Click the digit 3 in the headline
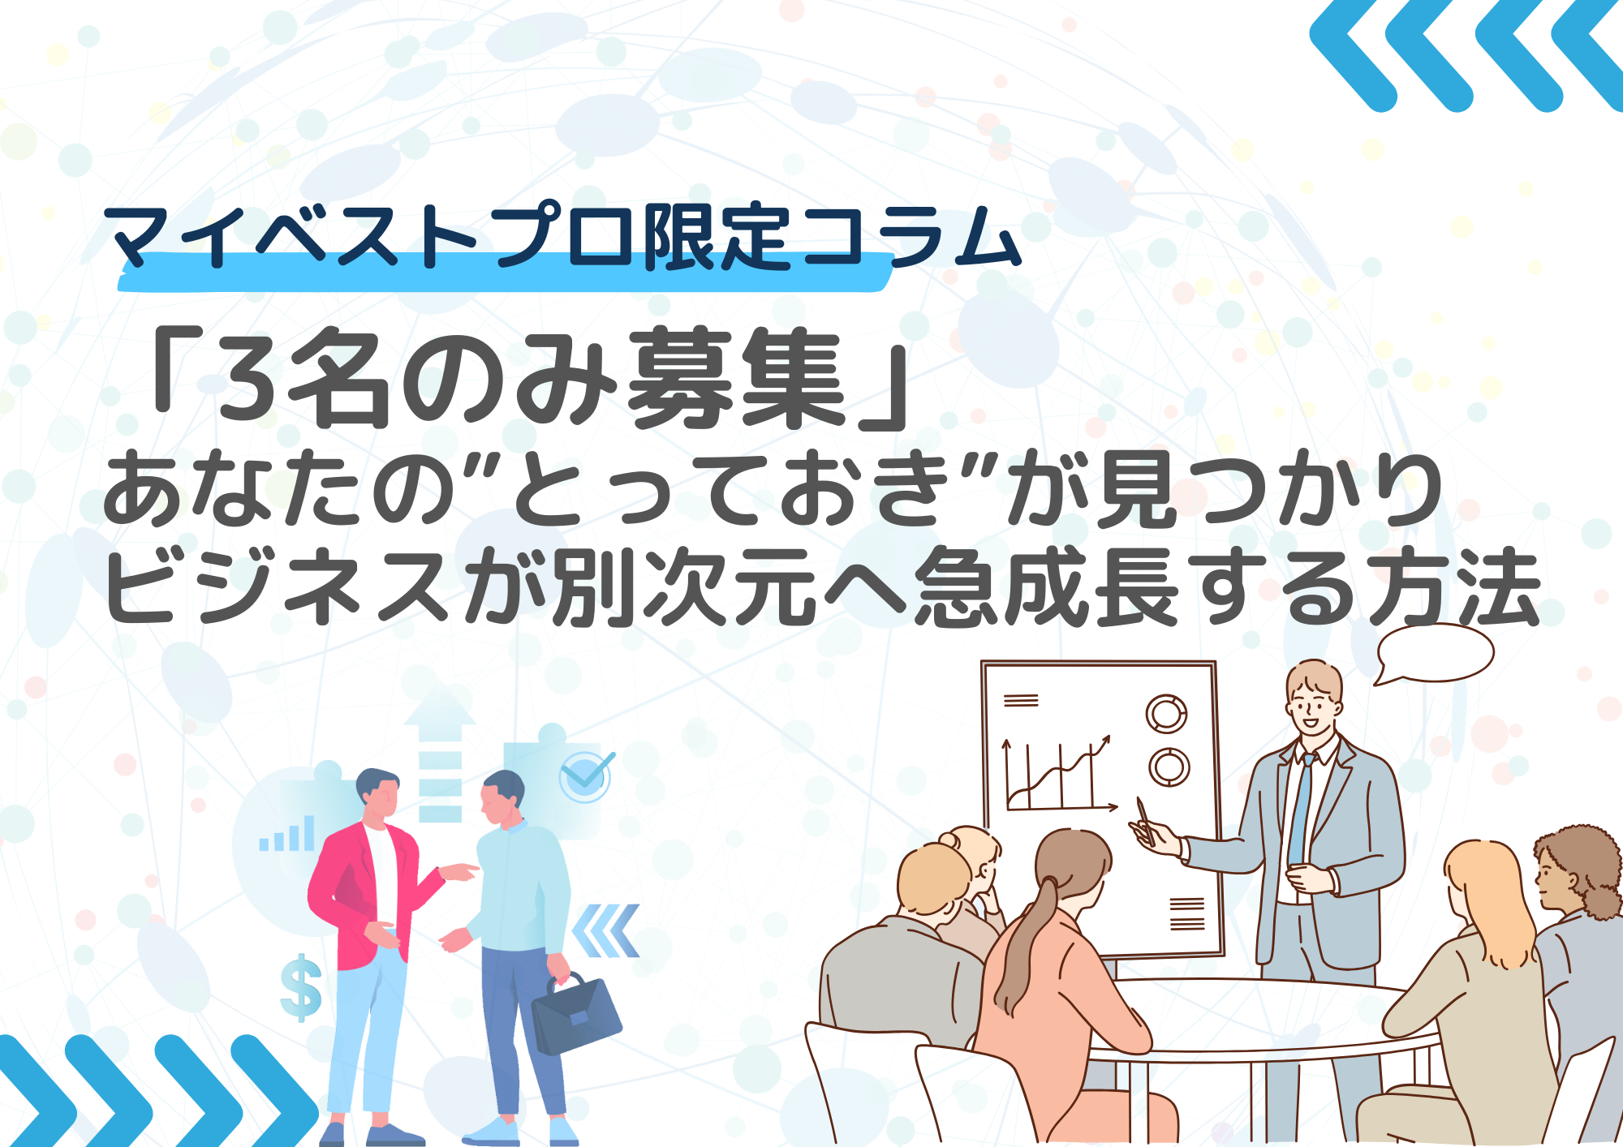pos(247,379)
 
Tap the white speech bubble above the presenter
pos(1435,654)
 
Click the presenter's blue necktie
pos(1300,811)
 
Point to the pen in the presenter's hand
pos(1145,819)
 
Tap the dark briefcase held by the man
pos(575,1013)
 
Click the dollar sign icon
pos(301,987)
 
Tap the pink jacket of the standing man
pos(357,892)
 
